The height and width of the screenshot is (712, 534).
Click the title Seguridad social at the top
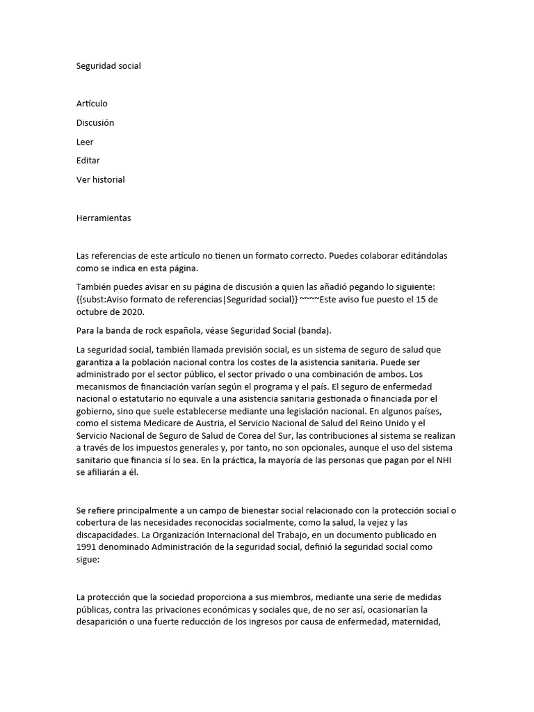click(108, 65)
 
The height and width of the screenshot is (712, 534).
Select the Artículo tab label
click(92, 104)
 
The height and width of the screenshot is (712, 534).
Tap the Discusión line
click(95, 122)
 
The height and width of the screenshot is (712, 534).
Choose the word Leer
click(85, 142)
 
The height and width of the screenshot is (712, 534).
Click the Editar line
click(88, 161)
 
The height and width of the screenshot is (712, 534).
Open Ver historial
click(101, 179)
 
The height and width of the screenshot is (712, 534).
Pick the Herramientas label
click(104, 218)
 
